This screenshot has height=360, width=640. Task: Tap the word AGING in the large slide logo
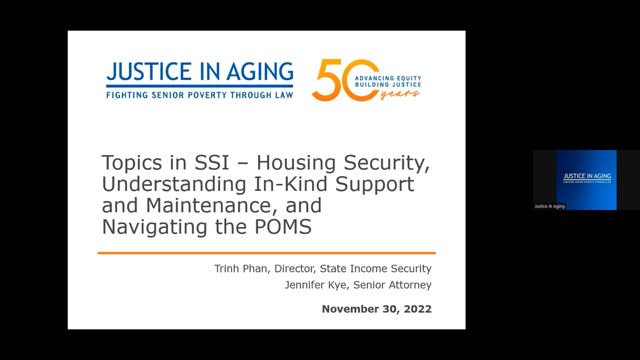tap(260, 71)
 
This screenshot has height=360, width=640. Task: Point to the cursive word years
tap(400, 94)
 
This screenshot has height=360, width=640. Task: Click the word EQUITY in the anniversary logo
tap(409, 78)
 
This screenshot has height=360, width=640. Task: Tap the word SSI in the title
tap(212, 163)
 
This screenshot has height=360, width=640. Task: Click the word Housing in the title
tap(296, 163)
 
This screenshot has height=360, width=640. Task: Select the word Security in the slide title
tap(387, 163)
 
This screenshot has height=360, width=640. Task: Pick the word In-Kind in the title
tap(291, 184)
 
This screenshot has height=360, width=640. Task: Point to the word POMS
tap(283, 227)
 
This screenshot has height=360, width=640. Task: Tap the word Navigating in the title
tap(154, 227)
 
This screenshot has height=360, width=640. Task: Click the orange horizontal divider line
tap(267, 253)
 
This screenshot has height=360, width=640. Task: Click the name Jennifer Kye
tap(316, 285)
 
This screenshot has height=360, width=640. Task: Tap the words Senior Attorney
tap(392, 285)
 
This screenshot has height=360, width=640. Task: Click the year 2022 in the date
tap(418, 309)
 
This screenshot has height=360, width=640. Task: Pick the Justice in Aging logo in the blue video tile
tap(587, 178)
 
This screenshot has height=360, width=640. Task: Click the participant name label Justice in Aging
tap(549, 206)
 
